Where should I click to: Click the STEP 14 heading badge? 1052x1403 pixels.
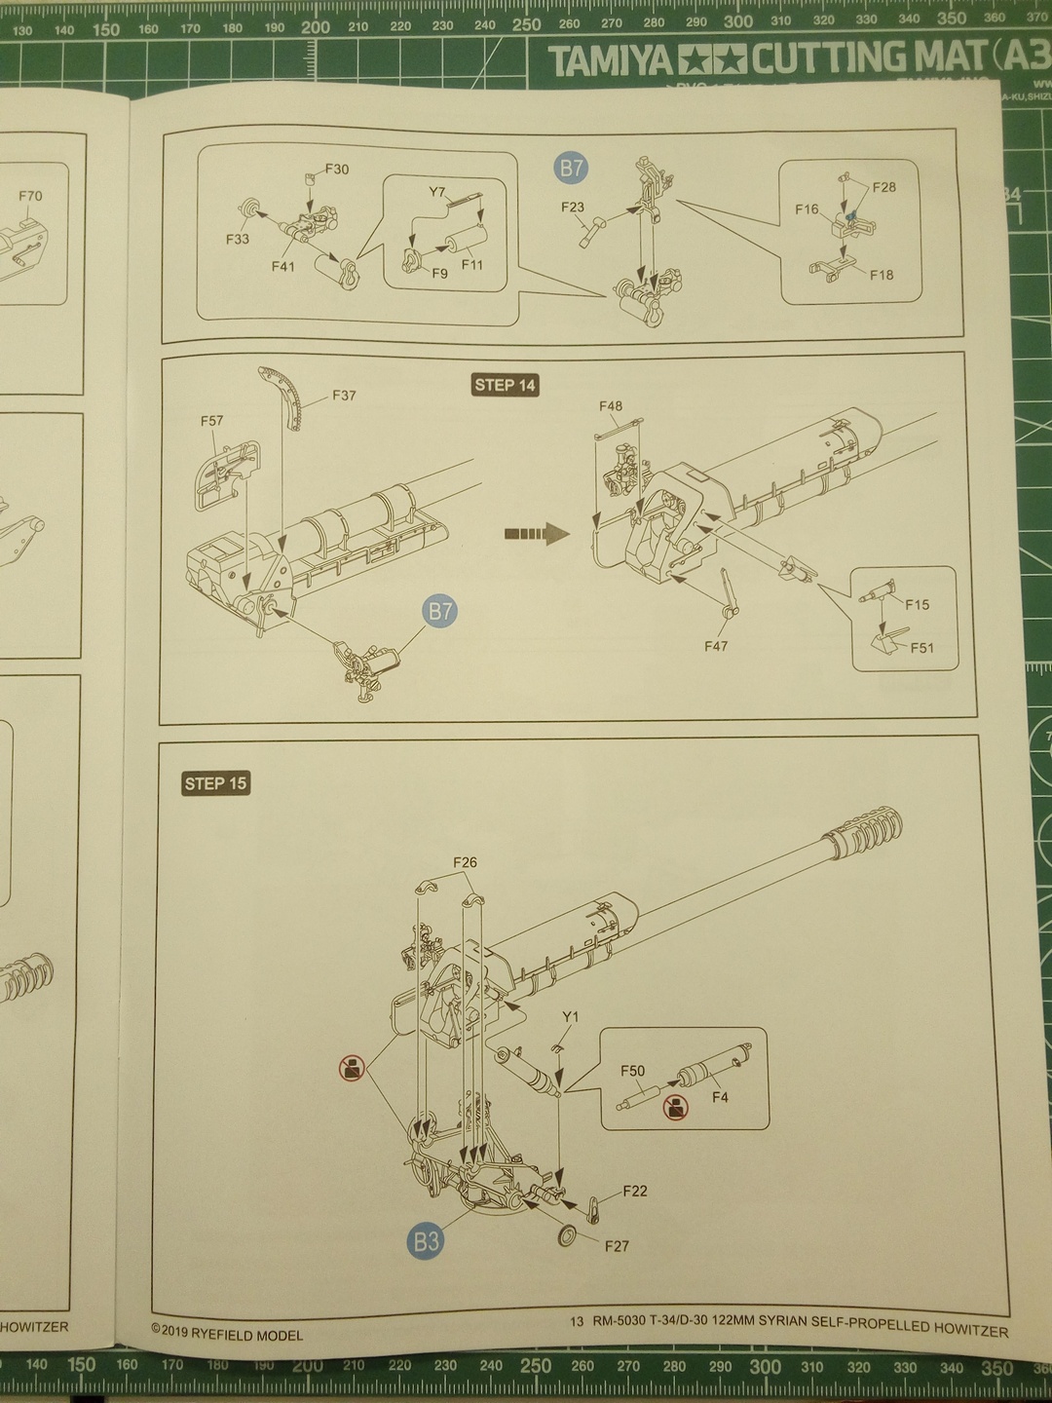[506, 385]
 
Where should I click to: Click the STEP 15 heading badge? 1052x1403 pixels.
[216, 783]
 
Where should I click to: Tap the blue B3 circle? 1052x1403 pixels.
[427, 1240]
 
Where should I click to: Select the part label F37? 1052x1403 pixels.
[344, 396]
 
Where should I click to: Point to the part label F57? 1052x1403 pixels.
[211, 421]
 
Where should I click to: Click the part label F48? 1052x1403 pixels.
[611, 406]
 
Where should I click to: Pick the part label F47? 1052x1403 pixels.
[716, 645]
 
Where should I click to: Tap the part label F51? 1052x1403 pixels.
[921, 647]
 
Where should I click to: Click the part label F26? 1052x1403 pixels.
[466, 862]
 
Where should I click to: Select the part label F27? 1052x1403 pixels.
[617, 1245]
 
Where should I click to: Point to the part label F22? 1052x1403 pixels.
[635, 1191]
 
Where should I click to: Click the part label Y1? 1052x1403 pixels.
[571, 1017]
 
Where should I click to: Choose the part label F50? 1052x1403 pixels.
[633, 1071]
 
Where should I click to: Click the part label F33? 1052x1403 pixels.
[238, 239]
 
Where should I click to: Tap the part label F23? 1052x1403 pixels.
[573, 207]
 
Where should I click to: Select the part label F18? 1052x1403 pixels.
[882, 275]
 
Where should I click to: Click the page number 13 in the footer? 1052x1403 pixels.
[577, 1321]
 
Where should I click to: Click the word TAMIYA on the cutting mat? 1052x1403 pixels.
[612, 61]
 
